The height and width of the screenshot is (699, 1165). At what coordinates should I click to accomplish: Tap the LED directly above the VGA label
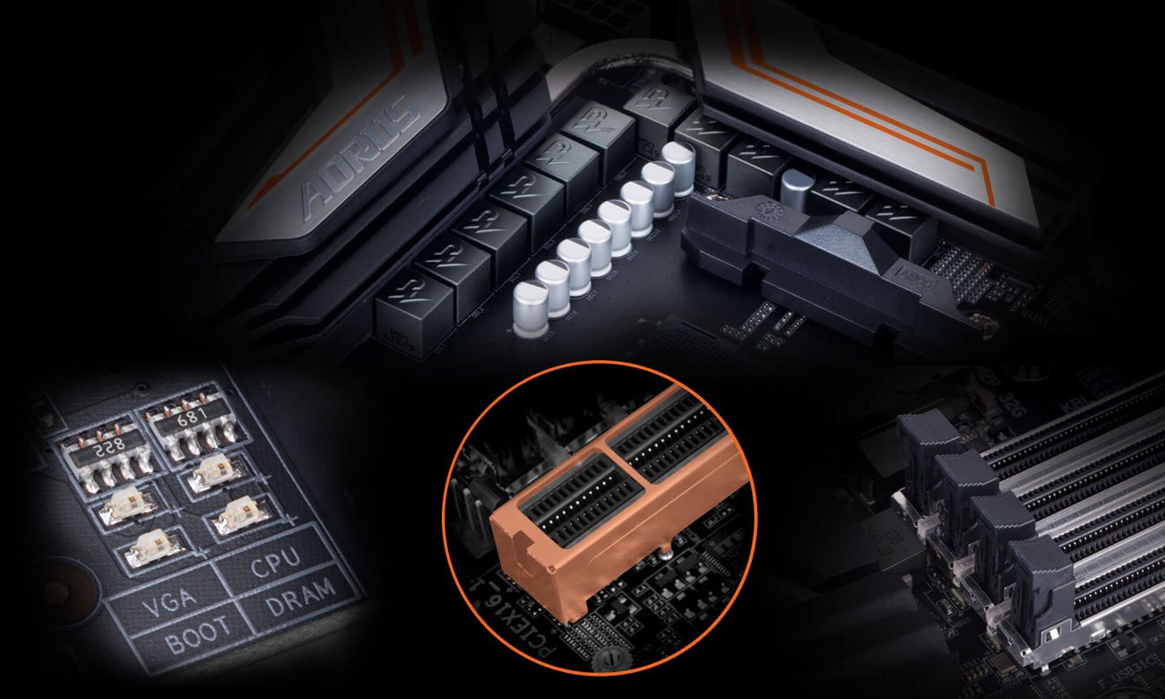(x=151, y=545)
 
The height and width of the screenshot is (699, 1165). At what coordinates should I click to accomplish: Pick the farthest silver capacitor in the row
(x=678, y=165)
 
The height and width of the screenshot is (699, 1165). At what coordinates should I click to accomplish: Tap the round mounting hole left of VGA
(x=56, y=591)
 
